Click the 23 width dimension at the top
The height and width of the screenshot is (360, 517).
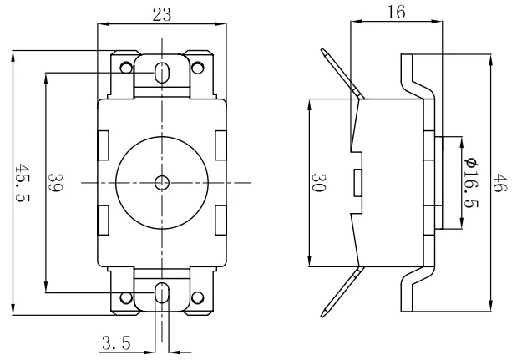tap(163, 13)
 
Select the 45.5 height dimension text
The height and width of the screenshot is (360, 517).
tap(23, 185)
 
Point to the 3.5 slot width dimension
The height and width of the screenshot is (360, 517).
tap(114, 342)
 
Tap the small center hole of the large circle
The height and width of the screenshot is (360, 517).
tap(161, 181)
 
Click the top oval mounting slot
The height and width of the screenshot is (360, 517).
tap(161, 70)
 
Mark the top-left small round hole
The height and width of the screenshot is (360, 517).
tap(125, 66)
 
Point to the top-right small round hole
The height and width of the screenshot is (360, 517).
tap(198, 66)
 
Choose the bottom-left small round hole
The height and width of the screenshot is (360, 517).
tap(125, 297)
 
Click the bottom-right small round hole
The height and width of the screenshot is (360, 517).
tap(198, 297)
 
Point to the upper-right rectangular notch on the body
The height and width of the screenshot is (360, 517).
tap(220, 145)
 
